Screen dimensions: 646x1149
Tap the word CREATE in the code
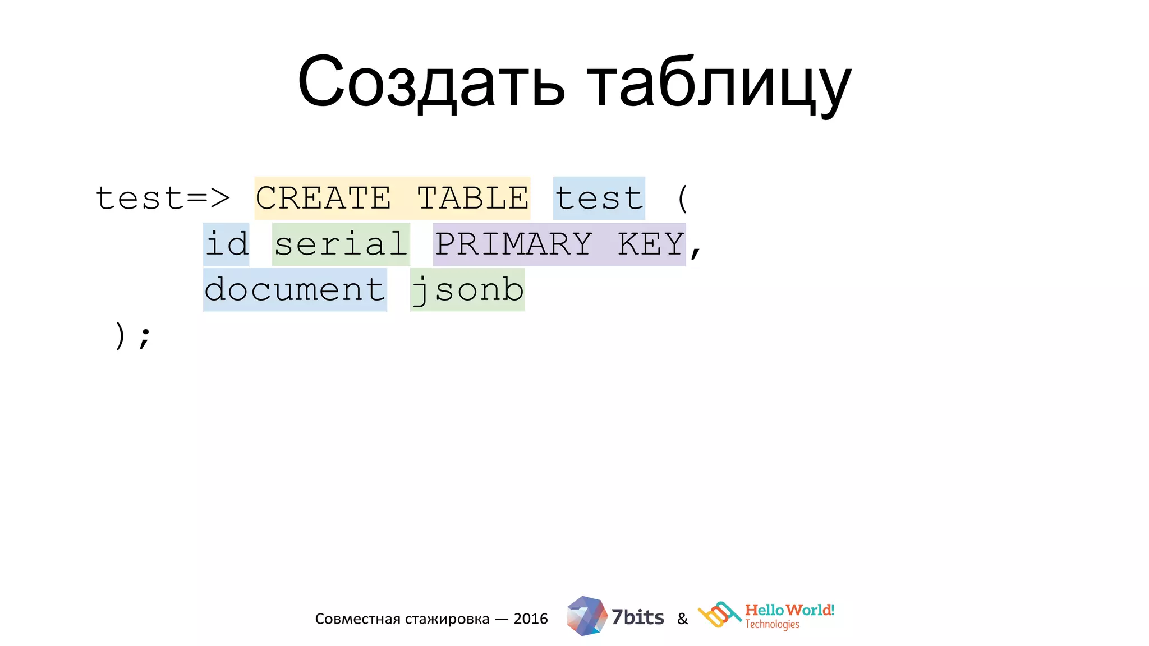[x=323, y=199]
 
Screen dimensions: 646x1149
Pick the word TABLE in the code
[x=473, y=199]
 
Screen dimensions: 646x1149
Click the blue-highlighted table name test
[x=599, y=199]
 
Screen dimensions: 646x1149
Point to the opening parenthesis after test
[x=682, y=199]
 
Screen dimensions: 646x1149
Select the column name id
[x=226, y=244]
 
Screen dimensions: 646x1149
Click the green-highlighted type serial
[x=341, y=244]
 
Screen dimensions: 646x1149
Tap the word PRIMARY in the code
[x=514, y=244]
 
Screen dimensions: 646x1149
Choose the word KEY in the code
[x=651, y=244]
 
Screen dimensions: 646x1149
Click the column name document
[x=295, y=290]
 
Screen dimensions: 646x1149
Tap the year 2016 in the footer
[x=531, y=619]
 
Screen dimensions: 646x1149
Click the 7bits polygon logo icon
[x=586, y=616]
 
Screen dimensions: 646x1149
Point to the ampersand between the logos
[x=682, y=619]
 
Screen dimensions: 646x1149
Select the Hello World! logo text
[x=789, y=610]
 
